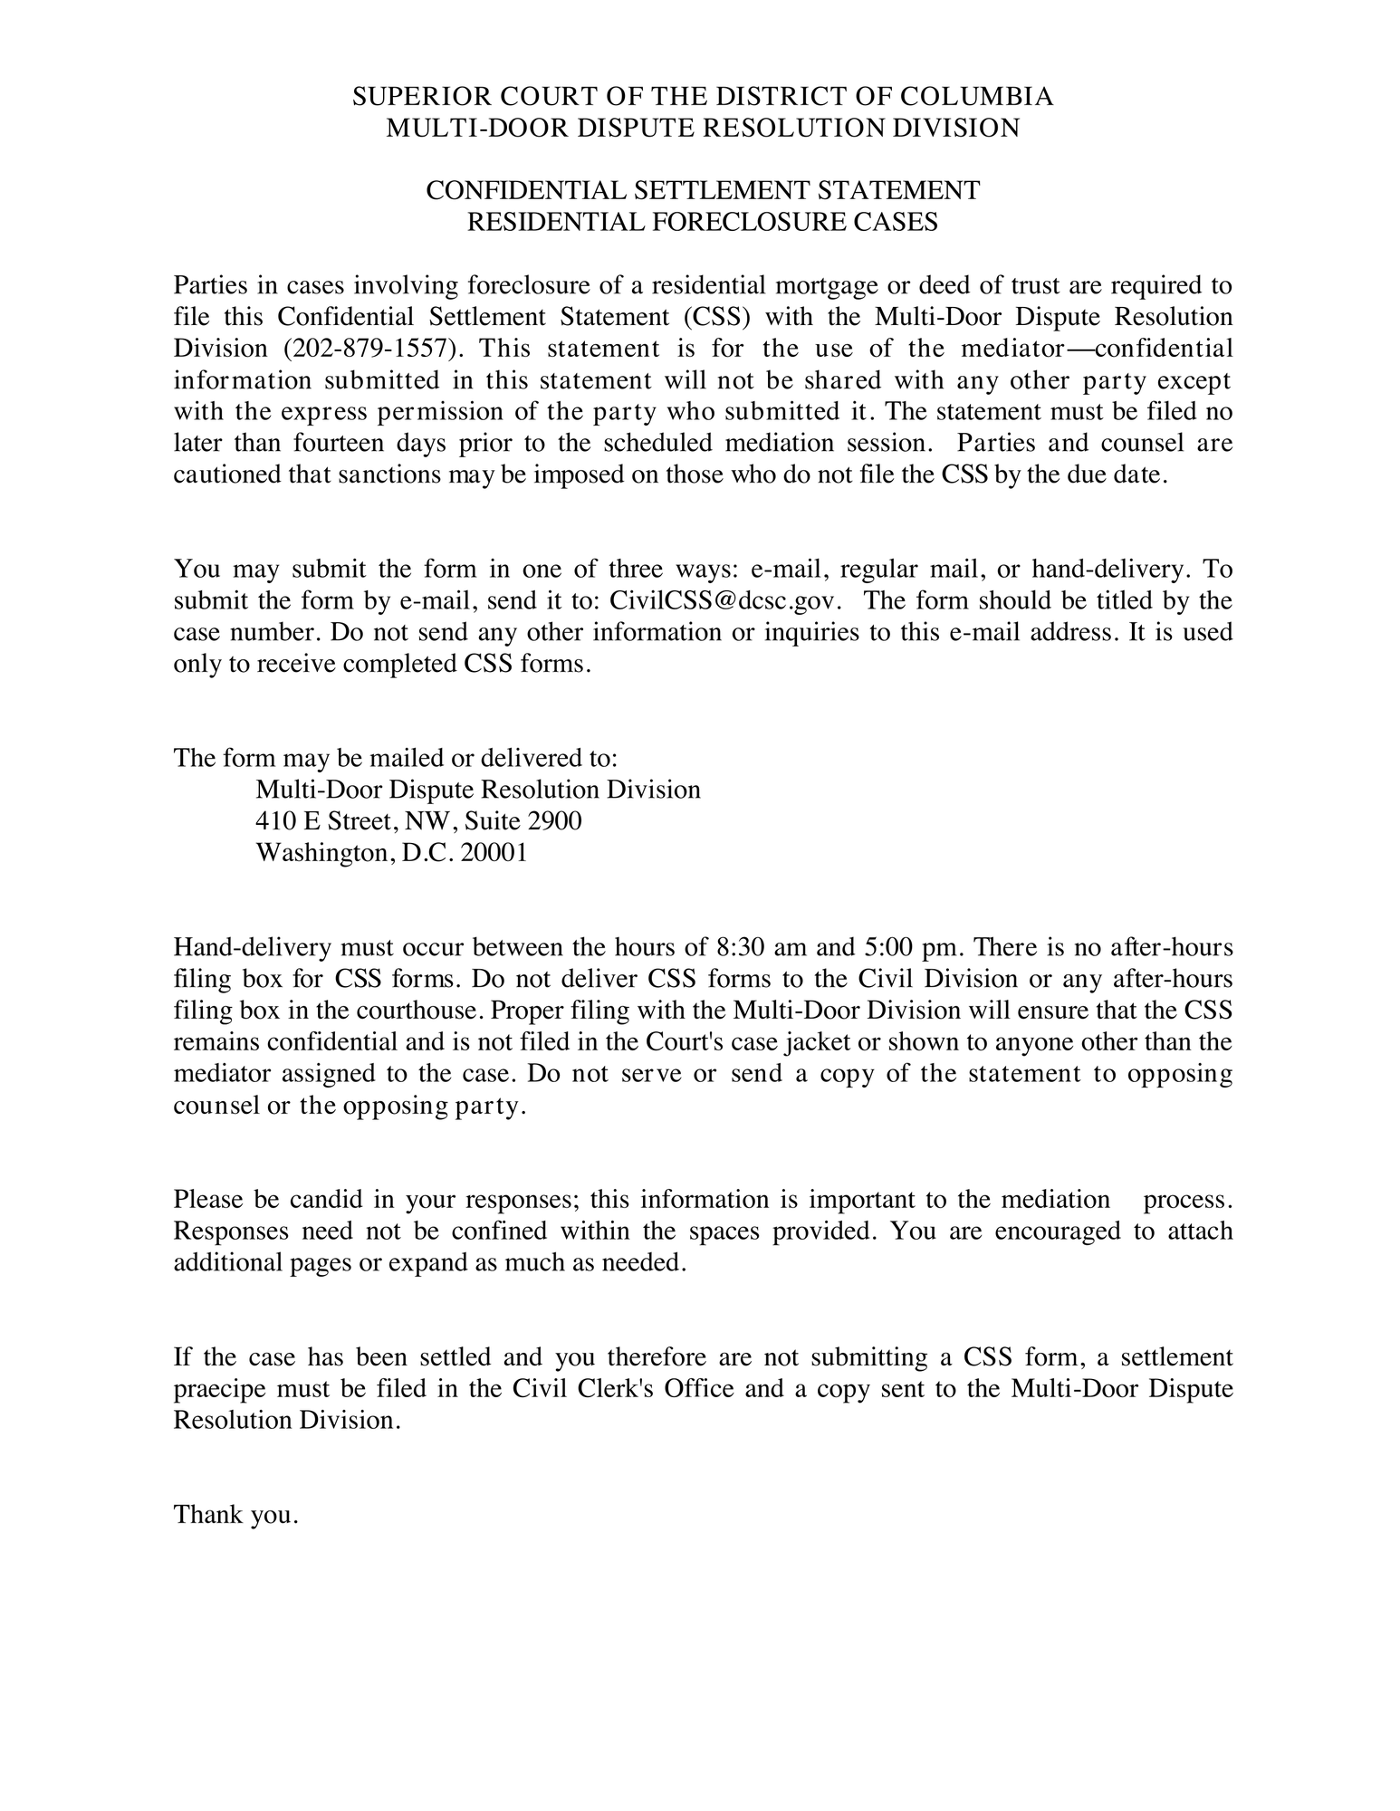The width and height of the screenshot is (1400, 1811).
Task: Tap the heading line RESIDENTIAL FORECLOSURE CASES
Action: pos(702,222)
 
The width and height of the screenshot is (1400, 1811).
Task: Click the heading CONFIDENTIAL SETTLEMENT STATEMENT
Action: pos(702,191)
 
